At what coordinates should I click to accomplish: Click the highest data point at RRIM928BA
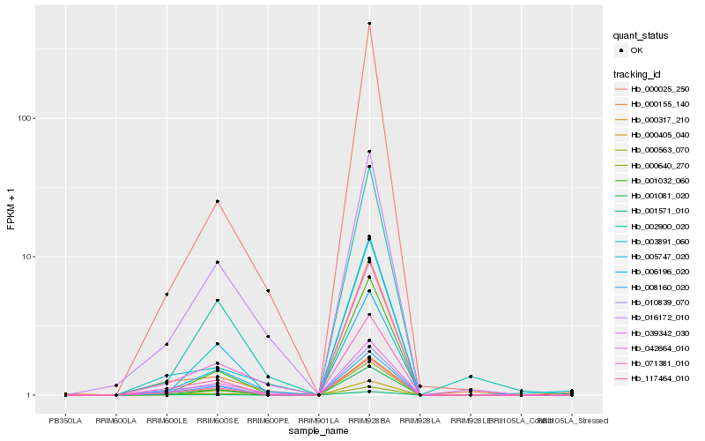pos(369,24)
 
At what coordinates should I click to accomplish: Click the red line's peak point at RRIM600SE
pos(217,201)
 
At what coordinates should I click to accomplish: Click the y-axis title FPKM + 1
pos(11,209)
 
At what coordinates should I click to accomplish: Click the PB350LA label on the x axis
pos(65,421)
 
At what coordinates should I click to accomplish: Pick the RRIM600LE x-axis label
pos(167,421)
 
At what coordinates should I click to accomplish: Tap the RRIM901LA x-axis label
pos(318,421)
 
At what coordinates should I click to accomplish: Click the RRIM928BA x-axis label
pos(369,421)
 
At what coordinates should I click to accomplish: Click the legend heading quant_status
pos(642,36)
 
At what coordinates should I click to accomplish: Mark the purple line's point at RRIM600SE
pos(217,262)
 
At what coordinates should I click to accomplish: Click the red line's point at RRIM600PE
pos(268,291)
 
